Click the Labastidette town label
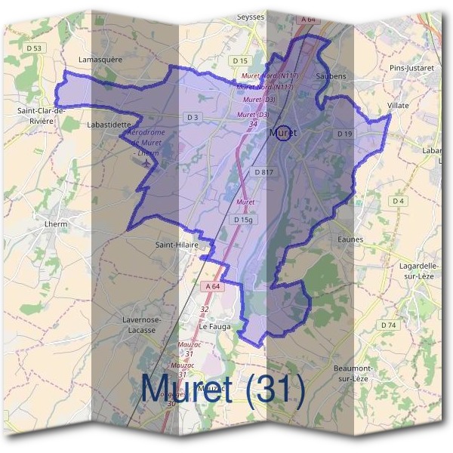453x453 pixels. tap(109, 123)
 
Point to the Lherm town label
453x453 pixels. tap(56, 224)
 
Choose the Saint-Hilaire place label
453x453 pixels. tap(176, 245)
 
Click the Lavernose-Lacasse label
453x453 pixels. tap(141, 325)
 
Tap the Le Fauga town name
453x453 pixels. tap(214, 326)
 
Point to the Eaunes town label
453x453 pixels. tap(351, 239)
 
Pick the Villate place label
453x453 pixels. tap(397, 105)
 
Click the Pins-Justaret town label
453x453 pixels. tap(411, 68)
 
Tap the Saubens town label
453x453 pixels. tap(331, 77)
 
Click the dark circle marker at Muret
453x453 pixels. tap(283, 133)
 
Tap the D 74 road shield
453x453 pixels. tap(388, 325)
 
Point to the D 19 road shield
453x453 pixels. tap(345, 134)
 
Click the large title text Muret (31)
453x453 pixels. tap(223, 388)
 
